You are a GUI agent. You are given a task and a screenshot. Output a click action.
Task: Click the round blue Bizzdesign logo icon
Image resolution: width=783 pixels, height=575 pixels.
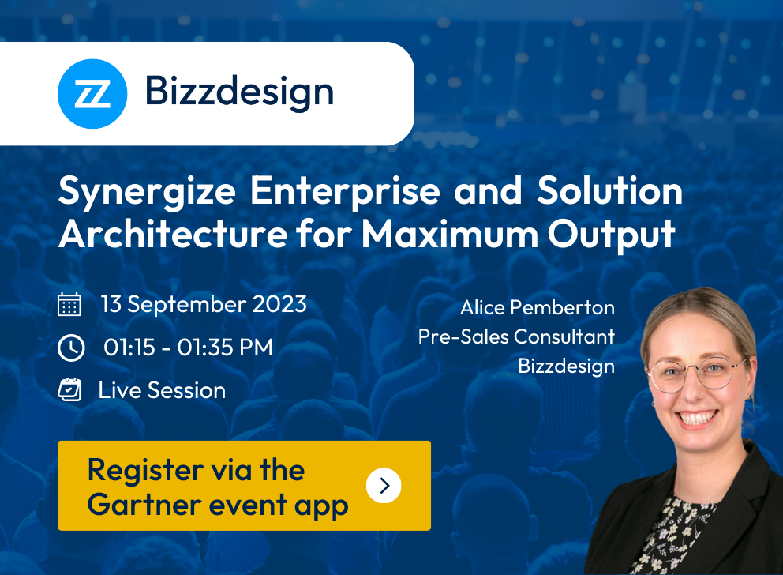[92, 93]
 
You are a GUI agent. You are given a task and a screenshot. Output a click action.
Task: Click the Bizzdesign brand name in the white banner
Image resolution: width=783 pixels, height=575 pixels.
[239, 92]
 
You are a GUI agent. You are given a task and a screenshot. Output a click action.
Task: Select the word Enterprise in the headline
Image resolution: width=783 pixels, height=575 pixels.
[345, 192]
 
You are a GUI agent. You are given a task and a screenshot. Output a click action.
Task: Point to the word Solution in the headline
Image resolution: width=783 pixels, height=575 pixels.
[609, 190]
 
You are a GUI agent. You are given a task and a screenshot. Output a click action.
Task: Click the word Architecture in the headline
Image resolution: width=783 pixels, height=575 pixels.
[173, 234]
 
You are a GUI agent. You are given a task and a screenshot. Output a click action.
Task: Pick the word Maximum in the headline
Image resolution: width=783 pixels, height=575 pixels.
[449, 234]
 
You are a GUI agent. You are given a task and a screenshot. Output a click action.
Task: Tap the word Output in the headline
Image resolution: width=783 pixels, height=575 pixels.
[611, 235]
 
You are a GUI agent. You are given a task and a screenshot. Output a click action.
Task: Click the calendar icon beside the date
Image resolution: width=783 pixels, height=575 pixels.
[69, 304]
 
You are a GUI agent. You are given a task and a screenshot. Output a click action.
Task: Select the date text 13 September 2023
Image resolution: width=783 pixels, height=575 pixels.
[204, 304]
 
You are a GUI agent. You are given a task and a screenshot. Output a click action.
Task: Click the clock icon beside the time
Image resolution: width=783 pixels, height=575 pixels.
[71, 348]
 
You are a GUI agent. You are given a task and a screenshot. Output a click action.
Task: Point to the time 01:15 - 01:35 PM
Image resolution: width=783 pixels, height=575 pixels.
[189, 348]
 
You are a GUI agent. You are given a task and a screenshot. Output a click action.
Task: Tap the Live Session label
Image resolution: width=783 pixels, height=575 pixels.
[162, 390]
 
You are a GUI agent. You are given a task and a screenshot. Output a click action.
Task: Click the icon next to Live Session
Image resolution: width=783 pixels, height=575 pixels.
[69, 389]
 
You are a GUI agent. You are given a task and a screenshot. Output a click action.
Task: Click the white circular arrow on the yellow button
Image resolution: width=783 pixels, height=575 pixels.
[384, 485]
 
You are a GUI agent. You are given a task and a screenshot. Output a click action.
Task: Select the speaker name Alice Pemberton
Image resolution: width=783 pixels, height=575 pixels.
[538, 308]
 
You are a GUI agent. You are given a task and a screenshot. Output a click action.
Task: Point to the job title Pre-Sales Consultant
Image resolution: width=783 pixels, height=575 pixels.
[516, 336]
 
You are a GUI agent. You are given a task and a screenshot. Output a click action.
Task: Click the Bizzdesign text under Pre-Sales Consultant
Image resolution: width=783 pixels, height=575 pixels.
[566, 366]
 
